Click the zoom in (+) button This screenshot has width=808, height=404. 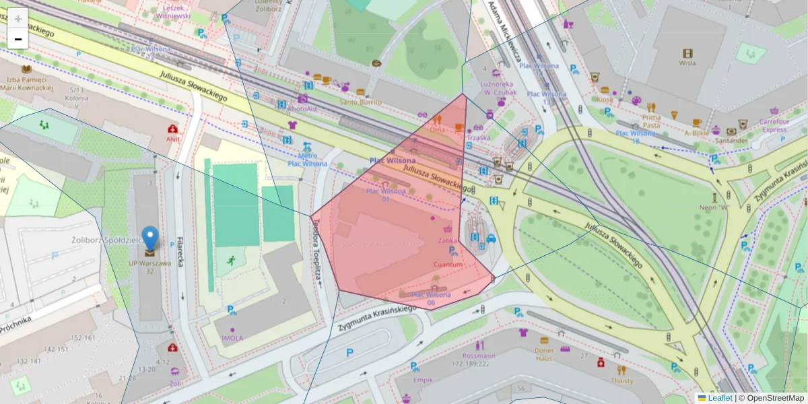pos(18,19)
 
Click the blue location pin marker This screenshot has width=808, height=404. pos(149,240)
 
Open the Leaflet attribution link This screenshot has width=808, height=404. pos(720,398)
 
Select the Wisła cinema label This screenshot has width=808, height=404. pos(687,63)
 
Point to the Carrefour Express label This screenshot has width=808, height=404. pos(775,125)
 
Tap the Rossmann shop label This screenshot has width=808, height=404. pos(479,356)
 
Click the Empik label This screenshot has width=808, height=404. pos(423,380)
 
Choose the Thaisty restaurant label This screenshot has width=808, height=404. pos(621,380)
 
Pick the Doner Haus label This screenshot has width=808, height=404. pos(543,354)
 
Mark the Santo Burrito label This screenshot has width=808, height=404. pos(360,102)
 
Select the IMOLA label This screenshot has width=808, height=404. pos(232,338)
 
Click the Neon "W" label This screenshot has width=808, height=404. pos(714,207)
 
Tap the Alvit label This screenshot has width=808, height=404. pos(173,139)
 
